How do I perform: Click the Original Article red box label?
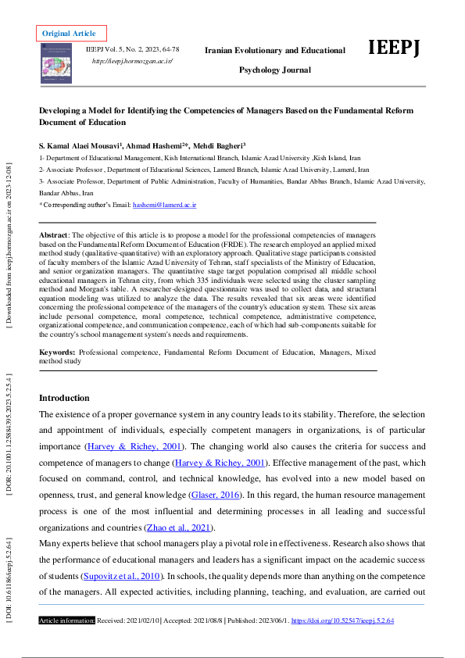(x=70, y=34)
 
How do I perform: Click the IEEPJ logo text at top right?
(x=395, y=48)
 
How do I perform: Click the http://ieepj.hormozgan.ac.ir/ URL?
(x=132, y=60)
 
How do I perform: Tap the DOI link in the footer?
(x=342, y=620)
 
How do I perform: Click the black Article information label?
(x=67, y=620)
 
